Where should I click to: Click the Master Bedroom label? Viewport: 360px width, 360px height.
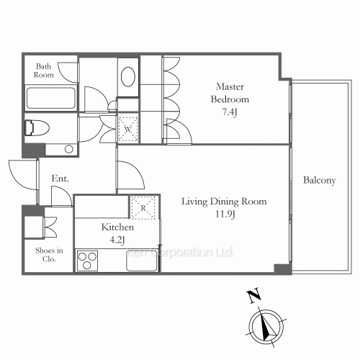point(230,93)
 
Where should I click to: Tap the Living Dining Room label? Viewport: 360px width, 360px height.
point(224,202)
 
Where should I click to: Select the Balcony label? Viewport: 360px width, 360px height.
point(320,180)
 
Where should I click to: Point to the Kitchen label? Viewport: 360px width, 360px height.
point(117,227)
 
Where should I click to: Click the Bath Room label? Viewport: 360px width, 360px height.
point(44,71)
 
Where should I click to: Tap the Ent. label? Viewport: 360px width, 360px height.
point(60,179)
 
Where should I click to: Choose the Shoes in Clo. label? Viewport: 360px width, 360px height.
point(49,255)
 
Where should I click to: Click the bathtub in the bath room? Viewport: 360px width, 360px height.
point(50,98)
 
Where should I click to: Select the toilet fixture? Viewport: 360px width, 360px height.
point(37,127)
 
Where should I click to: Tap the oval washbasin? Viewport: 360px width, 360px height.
point(128,77)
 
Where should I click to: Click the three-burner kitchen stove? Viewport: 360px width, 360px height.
point(87,261)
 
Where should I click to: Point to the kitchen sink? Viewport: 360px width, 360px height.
point(142,261)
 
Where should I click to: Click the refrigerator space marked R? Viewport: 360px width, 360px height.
point(143,207)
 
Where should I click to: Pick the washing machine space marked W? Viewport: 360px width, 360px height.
point(128,130)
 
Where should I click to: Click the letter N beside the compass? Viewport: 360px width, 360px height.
point(254,296)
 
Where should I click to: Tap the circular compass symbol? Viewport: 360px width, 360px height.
point(266,327)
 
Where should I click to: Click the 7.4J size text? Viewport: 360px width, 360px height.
point(230,112)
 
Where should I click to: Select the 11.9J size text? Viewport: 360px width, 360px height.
point(225,214)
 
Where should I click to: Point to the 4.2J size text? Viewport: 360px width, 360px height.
point(117,240)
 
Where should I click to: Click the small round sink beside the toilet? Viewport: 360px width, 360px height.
point(69,149)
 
